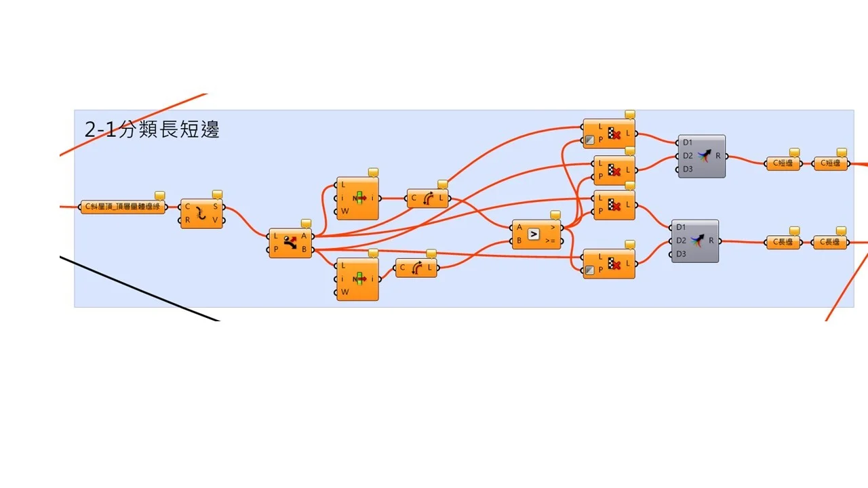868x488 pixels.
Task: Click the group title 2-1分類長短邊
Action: (x=152, y=129)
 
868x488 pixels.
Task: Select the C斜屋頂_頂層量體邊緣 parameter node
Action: (x=123, y=207)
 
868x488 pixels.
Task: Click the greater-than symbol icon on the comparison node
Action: (x=534, y=234)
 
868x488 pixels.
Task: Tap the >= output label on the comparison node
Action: (x=550, y=241)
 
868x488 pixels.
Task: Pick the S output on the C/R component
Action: (x=215, y=206)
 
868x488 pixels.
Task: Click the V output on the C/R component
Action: (x=215, y=220)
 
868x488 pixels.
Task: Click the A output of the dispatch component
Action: (x=304, y=236)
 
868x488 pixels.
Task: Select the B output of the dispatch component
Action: (x=304, y=249)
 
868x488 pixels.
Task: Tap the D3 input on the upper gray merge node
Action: (x=688, y=169)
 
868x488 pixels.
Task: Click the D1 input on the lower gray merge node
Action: (x=681, y=227)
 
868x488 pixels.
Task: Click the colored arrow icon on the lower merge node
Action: (x=697, y=241)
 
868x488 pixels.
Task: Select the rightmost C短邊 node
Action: (x=831, y=163)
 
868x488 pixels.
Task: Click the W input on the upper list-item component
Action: (x=344, y=211)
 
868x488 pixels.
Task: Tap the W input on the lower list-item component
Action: (x=344, y=292)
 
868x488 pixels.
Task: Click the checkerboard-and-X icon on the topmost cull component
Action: (x=614, y=134)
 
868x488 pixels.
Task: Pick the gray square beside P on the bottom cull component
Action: (x=589, y=270)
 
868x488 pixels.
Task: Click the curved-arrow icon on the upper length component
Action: (x=429, y=199)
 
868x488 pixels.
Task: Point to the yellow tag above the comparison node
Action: (x=555, y=216)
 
